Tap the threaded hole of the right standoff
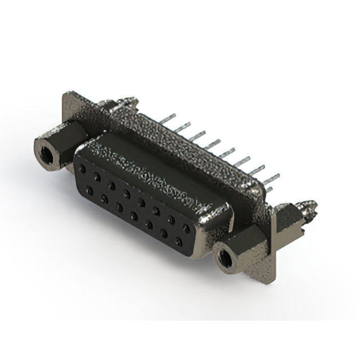[227, 259]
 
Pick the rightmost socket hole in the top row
[186, 228]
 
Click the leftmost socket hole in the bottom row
[89, 191]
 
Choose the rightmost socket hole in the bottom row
[179, 242]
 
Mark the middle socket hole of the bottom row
[134, 216]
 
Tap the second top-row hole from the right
[171, 219]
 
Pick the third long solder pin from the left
[197, 135]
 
